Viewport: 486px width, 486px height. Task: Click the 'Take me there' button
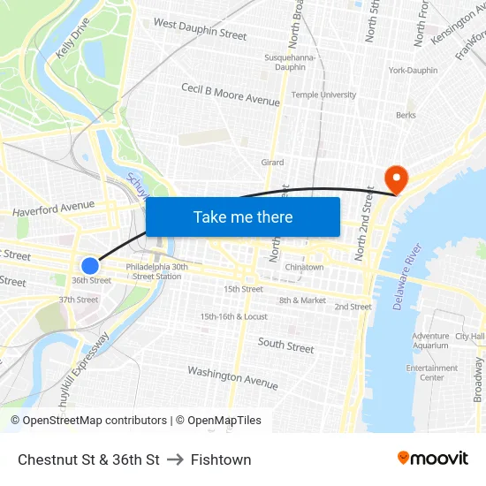click(x=243, y=216)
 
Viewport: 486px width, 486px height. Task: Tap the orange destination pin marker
click(x=397, y=179)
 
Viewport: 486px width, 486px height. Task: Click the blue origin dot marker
click(x=90, y=265)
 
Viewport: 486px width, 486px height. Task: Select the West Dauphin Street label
click(x=200, y=28)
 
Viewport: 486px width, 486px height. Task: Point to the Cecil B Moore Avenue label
click(x=230, y=95)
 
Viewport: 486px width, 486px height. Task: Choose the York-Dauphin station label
click(x=413, y=70)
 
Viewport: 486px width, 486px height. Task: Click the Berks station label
click(x=406, y=115)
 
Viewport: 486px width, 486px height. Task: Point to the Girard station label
click(x=272, y=163)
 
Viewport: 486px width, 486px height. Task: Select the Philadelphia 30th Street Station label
click(x=156, y=271)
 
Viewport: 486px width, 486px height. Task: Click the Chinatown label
click(x=304, y=267)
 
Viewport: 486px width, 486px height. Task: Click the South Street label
click(x=285, y=346)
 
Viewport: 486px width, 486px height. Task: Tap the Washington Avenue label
click(x=232, y=378)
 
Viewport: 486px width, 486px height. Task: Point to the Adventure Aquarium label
click(x=430, y=341)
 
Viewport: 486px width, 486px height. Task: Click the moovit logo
click(x=433, y=459)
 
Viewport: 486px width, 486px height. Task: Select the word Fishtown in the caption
click(x=221, y=459)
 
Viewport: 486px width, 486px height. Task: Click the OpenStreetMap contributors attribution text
click(x=89, y=421)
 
